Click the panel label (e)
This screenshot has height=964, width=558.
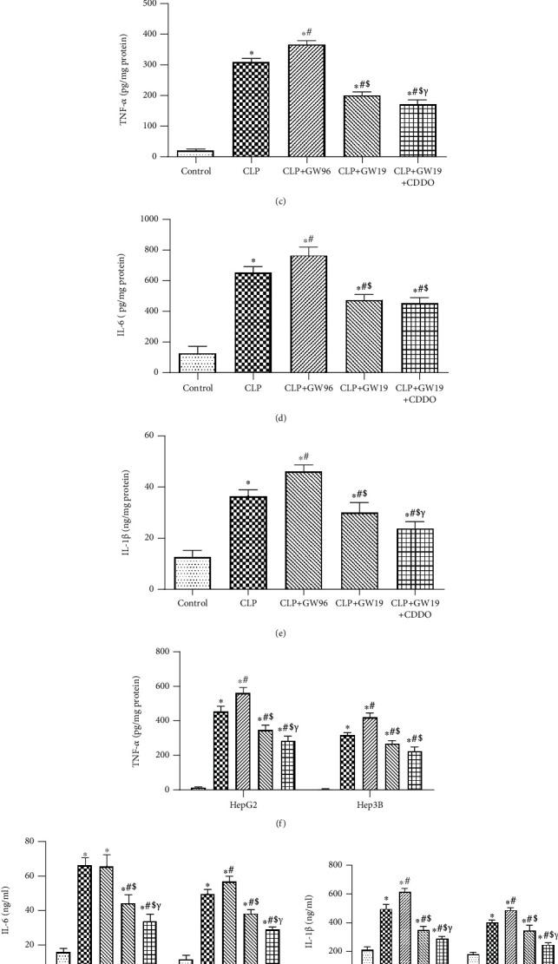pos(279,633)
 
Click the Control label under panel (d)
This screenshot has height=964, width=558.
pos(197,388)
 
